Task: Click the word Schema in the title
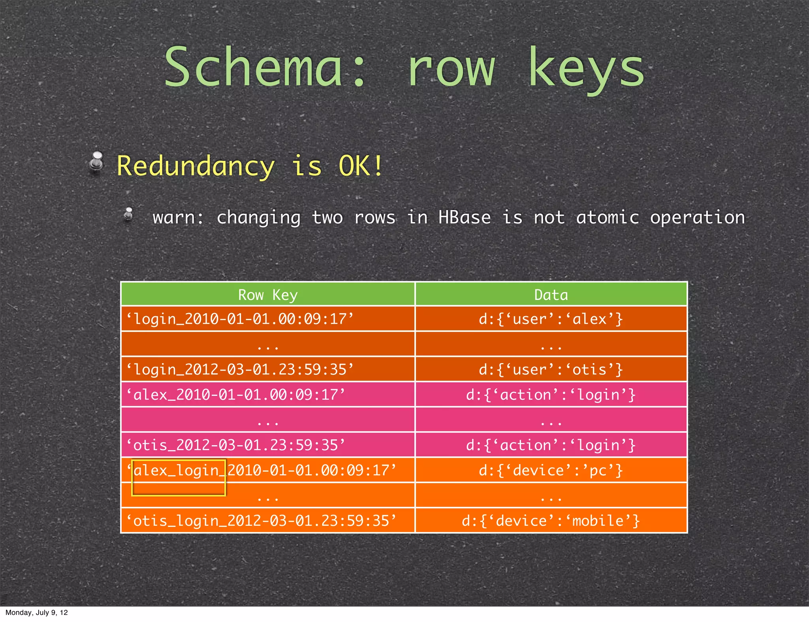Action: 253,67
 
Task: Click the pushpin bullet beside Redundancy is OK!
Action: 96,163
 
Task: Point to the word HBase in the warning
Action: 465,217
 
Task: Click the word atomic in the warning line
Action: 607,217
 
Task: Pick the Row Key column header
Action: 268,295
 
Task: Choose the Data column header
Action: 551,295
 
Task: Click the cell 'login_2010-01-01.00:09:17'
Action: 240,319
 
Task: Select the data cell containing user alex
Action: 551,319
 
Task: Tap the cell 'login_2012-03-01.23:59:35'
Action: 240,369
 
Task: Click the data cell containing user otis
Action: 551,369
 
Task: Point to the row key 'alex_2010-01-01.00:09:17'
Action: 235,395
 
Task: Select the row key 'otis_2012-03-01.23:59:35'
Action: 235,445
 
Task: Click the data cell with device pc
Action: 551,470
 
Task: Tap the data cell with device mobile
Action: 551,521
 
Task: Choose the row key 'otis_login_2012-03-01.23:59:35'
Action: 261,521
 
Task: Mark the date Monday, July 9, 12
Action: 37,613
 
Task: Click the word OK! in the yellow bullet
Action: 361,166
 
